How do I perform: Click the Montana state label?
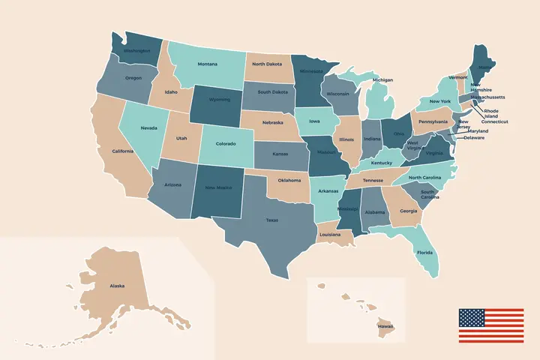[208, 64]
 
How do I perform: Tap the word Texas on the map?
[271, 220]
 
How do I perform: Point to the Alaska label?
[117, 286]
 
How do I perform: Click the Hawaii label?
[385, 326]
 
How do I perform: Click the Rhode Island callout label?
[491, 113]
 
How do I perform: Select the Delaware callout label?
[474, 138]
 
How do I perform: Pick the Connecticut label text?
[494, 121]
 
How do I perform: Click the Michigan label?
[382, 79]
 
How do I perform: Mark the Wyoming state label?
[220, 99]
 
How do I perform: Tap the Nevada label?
[149, 128]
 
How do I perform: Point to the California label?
[123, 151]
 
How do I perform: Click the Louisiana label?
[330, 235]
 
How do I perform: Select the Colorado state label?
[226, 143]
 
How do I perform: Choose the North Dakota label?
[268, 64]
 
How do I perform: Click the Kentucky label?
[381, 163]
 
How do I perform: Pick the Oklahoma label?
[289, 180]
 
